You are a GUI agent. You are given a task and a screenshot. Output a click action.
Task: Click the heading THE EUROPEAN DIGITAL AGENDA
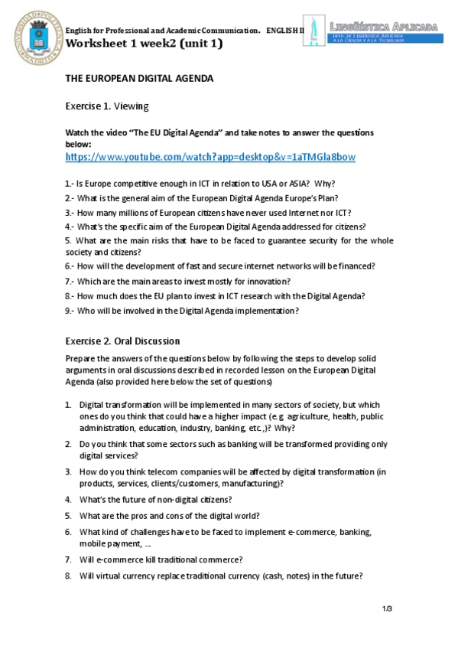coord(138,78)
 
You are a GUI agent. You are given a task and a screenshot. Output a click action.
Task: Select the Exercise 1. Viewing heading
coord(106,106)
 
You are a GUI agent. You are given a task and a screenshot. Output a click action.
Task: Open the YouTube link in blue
coord(210,157)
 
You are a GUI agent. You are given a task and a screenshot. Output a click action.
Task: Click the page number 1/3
coord(387,608)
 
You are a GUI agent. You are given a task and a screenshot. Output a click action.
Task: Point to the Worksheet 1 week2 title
coord(144,43)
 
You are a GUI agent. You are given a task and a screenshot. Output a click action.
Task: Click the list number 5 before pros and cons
coord(68,515)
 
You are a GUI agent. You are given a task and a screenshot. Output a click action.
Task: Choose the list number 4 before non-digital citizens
coord(68,499)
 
